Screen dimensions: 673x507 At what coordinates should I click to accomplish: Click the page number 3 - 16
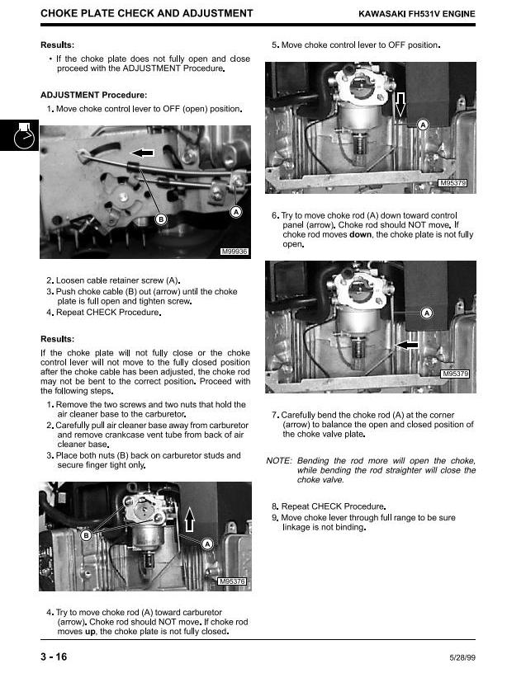[x=53, y=656]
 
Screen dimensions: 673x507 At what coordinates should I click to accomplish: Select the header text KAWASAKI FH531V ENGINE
[x=416, y=14]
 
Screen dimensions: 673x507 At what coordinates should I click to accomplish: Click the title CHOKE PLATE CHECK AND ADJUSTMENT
[x=146, y=14]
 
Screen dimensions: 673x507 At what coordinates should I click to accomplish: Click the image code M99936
[x=235, y=251]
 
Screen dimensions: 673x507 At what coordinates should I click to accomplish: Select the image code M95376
[x=232, y=582]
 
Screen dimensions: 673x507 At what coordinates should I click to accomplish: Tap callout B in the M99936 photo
[x=161, y=219]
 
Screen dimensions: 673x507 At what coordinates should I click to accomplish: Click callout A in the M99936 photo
[x=235, y=212]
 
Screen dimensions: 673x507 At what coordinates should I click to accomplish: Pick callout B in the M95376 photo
[x=85, y=535]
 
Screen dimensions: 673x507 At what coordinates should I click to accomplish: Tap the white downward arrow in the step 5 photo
[x=401, y=106]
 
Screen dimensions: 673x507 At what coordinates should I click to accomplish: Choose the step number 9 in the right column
[x=274, y=517]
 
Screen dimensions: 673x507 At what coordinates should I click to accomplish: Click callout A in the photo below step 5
[x=423, y=125]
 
